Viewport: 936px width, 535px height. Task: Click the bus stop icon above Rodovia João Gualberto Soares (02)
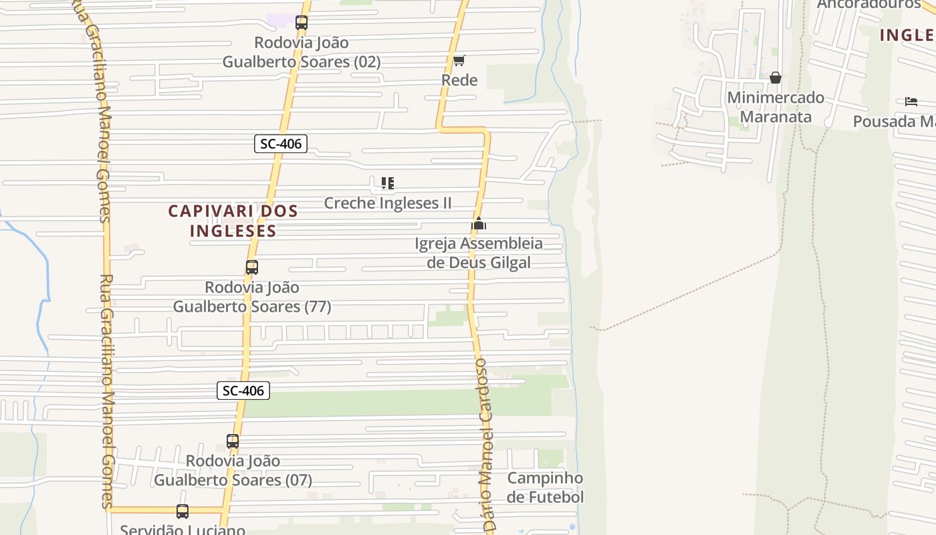point(302,22)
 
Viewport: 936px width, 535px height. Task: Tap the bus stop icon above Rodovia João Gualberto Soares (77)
point(252,267)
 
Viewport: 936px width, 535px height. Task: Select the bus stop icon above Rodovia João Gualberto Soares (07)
point(233,441)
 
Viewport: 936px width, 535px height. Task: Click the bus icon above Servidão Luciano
point(183,512)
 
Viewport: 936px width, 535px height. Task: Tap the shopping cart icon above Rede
point(459,61)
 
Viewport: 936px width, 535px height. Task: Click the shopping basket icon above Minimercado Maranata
point(776,78)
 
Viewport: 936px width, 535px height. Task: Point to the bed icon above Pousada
point(911,102)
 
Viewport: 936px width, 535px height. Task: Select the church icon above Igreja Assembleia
point(479,224)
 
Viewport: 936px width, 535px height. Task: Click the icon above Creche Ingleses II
point(388,183)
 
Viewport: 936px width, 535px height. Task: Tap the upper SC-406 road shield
point(281,144)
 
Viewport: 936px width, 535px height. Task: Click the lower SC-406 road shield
point(243,391)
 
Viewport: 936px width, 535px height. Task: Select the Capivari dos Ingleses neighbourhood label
point(233,221)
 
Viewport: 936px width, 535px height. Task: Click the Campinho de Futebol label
point(545,488)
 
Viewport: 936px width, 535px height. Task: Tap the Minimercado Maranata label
point(776,107)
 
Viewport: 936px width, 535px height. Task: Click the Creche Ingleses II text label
point(388,203)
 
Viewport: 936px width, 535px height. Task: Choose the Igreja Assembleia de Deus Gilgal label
point(479,253)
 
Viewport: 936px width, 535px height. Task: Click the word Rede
point(459,80)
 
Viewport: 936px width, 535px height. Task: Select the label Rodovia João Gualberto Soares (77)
point(252,297)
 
